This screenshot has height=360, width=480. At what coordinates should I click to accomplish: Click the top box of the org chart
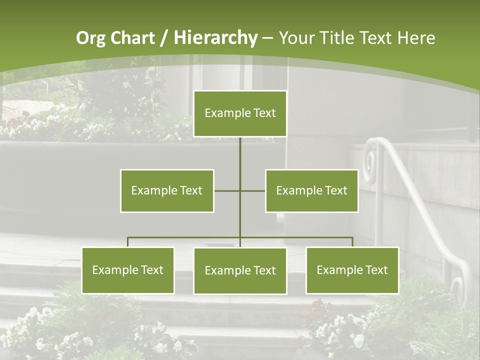point(240,113)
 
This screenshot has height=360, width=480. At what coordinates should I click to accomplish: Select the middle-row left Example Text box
point(167,190)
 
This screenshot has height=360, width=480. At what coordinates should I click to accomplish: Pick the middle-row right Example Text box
point(311,190)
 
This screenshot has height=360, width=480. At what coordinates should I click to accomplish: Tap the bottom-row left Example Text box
point(128,270)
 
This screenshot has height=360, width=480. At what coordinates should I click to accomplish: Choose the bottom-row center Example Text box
point(240,270)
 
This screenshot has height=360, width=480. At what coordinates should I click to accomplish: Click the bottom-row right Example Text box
point(352,270)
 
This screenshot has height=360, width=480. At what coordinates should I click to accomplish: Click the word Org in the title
point(90,38)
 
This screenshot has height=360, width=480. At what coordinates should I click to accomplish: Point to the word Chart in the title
point(132,38)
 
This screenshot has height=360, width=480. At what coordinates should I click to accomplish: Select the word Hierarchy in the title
point(215,38)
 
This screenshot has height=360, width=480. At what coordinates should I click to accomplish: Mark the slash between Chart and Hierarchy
point(163,38)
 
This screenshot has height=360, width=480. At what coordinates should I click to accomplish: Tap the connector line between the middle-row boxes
point(240,190)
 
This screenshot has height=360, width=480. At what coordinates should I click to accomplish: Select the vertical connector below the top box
point(240,152)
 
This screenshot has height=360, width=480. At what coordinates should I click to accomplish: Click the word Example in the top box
point(222,113)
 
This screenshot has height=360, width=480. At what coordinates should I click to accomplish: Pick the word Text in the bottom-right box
point(376,270)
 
